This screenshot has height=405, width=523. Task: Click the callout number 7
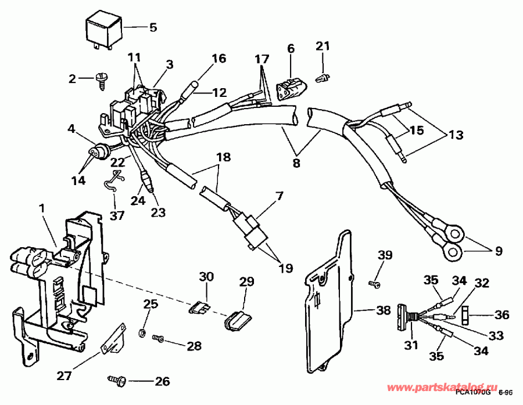(x=279, y=196)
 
